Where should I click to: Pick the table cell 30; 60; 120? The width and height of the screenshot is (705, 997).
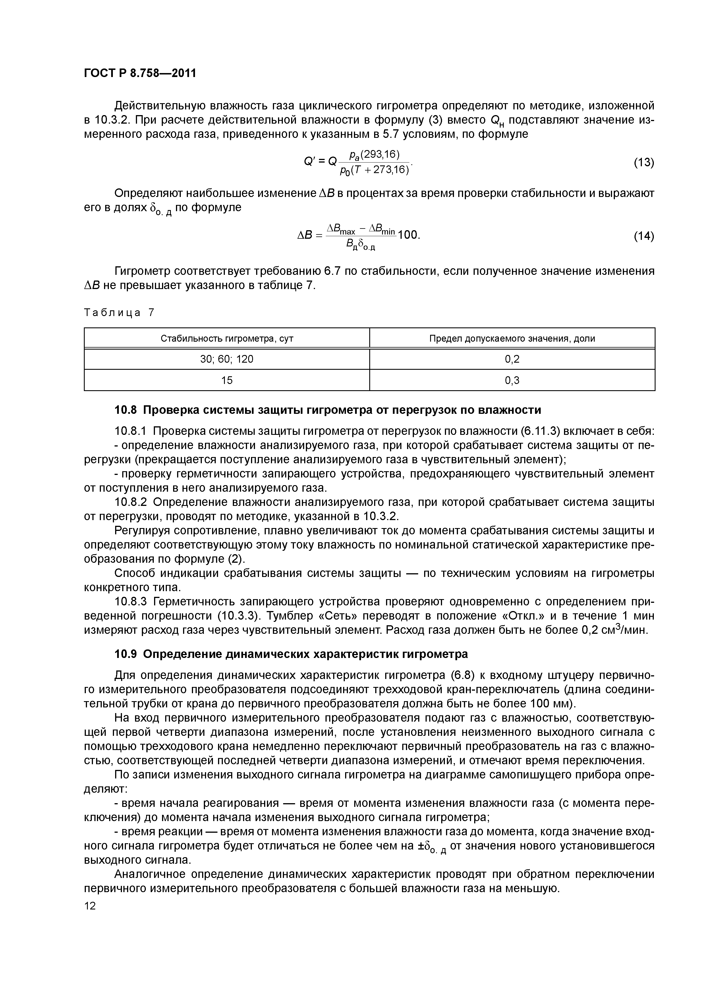tap(227, 359)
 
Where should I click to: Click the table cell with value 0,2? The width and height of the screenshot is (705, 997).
tap(512, 359)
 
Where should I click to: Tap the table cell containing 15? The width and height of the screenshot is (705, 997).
tap(227, 380)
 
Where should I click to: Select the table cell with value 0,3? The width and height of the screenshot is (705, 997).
tap(512, 380)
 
